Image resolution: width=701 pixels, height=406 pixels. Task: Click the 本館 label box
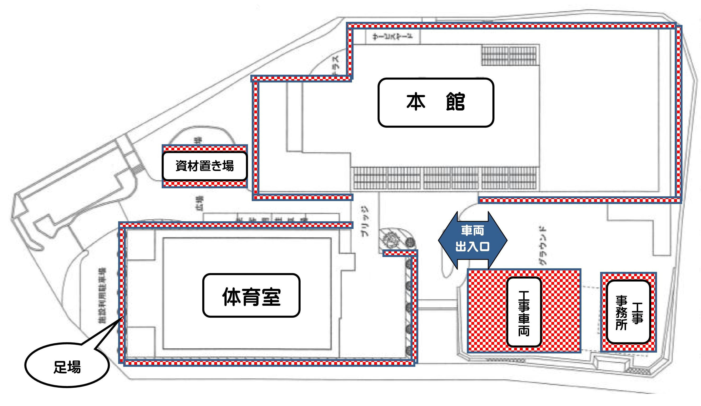(436, 102)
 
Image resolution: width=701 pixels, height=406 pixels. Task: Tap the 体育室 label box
(251, 296)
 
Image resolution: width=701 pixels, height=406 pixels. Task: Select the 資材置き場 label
(204, 166)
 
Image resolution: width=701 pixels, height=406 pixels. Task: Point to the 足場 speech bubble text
(67, 367)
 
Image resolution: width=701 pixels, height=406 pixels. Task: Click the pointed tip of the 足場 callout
(122, 317)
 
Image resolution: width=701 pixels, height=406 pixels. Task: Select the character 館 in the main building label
(455, 102)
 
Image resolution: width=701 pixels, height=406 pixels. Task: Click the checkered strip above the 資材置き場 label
(204, 148)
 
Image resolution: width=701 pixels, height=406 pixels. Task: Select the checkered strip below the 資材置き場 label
(204, 184)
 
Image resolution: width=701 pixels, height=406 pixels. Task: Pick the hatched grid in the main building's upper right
(510, 56)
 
